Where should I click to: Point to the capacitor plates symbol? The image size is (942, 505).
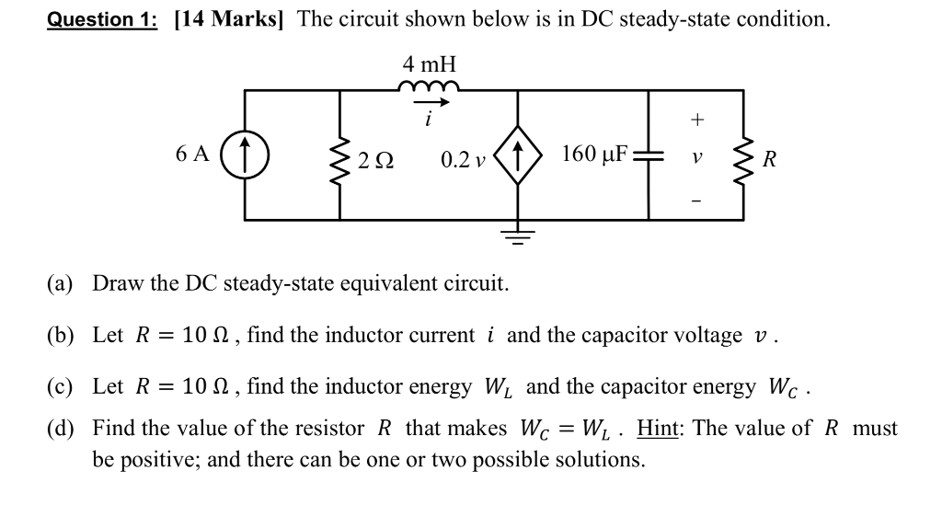click(x=649, y=155)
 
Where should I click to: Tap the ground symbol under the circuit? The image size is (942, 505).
click(x=518, y=238)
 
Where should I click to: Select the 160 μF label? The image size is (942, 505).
click(x=594, y=153)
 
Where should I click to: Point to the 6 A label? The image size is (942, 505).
click(x=190, y=154)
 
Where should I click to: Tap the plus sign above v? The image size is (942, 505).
click(x=697, y=120)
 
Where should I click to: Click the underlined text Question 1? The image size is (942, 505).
click(x=103, y=20)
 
